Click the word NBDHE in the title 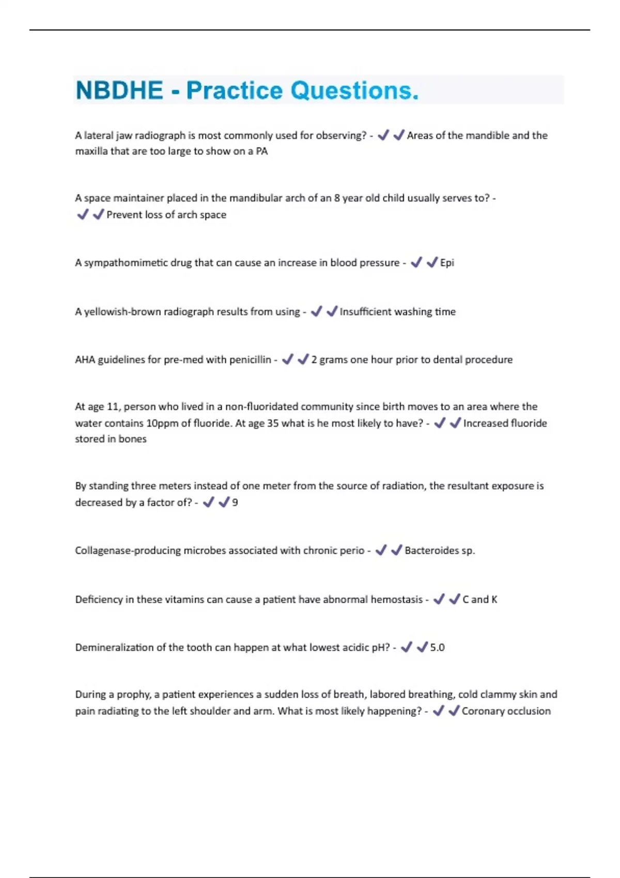coord(119,90)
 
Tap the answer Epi coord(447,263)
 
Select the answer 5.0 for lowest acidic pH coord(437,648)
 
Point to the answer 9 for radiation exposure coord(235,503)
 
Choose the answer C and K coord(479,600)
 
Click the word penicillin coord(250,360)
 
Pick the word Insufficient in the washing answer coord(365,312)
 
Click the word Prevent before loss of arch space coord(124,215)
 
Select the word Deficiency coord(99,600)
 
